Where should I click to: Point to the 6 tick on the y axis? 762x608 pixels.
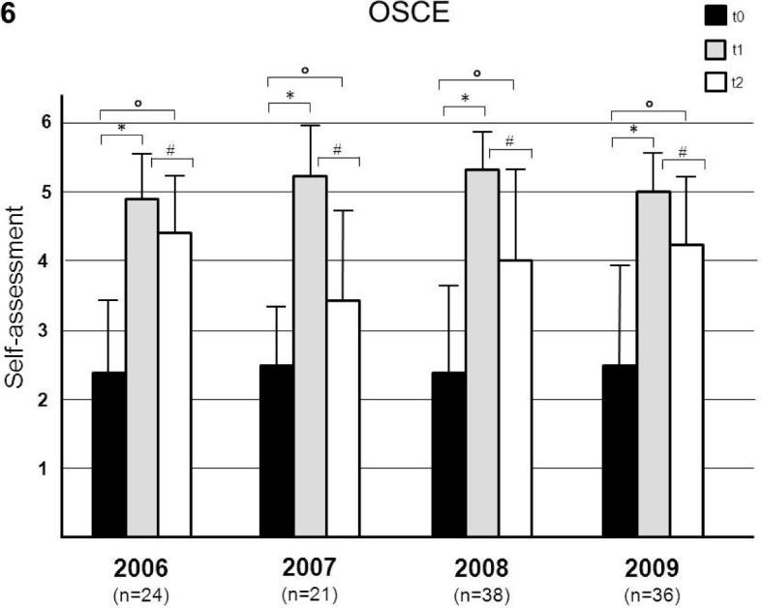coord(45,123)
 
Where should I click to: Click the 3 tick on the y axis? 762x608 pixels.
coord(45,331)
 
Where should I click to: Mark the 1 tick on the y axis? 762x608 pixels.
coord(45,469)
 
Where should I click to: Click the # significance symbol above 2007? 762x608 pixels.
coord(337,149)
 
